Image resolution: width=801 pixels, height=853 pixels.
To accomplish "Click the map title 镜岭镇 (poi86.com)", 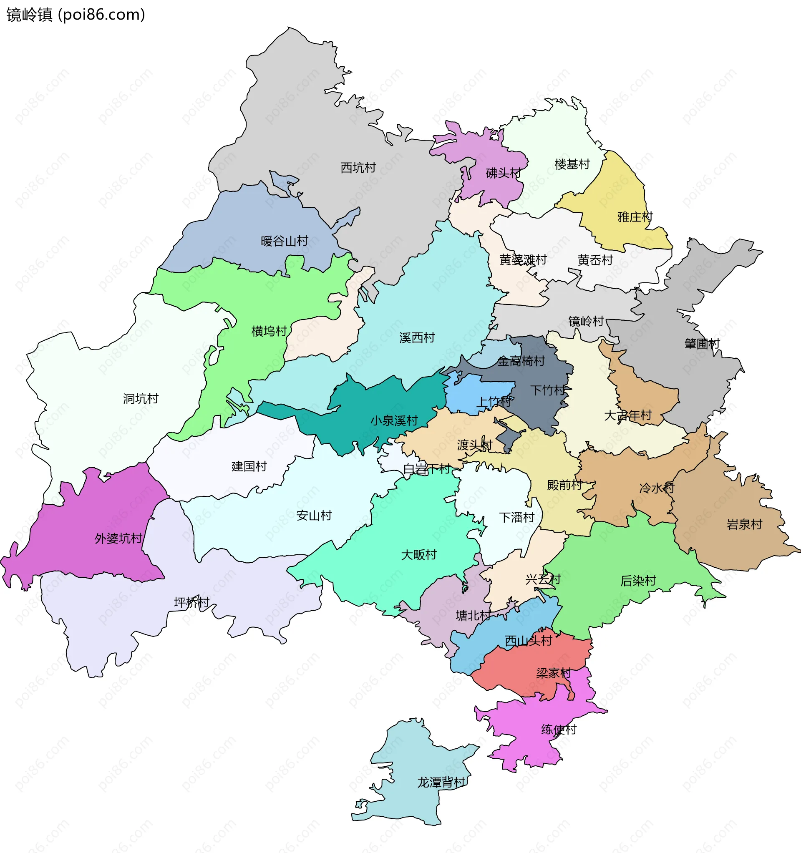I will pos(76,15).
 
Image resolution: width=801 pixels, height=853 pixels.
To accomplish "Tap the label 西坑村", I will pos(358,168).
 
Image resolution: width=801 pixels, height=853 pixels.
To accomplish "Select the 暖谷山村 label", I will pos(285,241).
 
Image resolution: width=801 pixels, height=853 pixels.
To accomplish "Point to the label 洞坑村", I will pos(141,399).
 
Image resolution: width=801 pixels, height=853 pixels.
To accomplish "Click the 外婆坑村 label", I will pos(118,538).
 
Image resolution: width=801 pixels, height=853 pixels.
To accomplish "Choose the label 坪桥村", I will pos(191,602).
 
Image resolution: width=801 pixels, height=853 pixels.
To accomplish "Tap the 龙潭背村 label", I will pos(441,783).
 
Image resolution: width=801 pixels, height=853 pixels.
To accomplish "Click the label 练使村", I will pos(559,730).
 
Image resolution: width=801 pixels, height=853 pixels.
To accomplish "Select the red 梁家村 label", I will pos(554,673).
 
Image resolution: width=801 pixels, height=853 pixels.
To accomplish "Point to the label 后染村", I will pos(638,581).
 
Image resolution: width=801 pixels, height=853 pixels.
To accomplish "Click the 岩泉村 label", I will pos(744,524).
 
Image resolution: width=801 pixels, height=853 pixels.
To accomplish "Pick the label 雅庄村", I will pos(635,217).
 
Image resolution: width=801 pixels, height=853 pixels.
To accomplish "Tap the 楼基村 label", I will pos(572,164).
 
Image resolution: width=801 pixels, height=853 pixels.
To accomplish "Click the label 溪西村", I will pos(417,338).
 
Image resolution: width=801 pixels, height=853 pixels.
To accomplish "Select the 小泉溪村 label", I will pos(394,420).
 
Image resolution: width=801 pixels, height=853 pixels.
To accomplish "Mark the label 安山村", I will pos(314,516).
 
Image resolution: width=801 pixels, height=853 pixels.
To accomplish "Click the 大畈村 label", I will pos(419,555).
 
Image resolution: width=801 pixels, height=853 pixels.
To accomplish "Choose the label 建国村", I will pos(249,466).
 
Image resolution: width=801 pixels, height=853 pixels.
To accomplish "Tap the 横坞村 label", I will pos(269,331).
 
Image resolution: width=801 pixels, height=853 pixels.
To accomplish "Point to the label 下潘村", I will pos(517,518).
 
